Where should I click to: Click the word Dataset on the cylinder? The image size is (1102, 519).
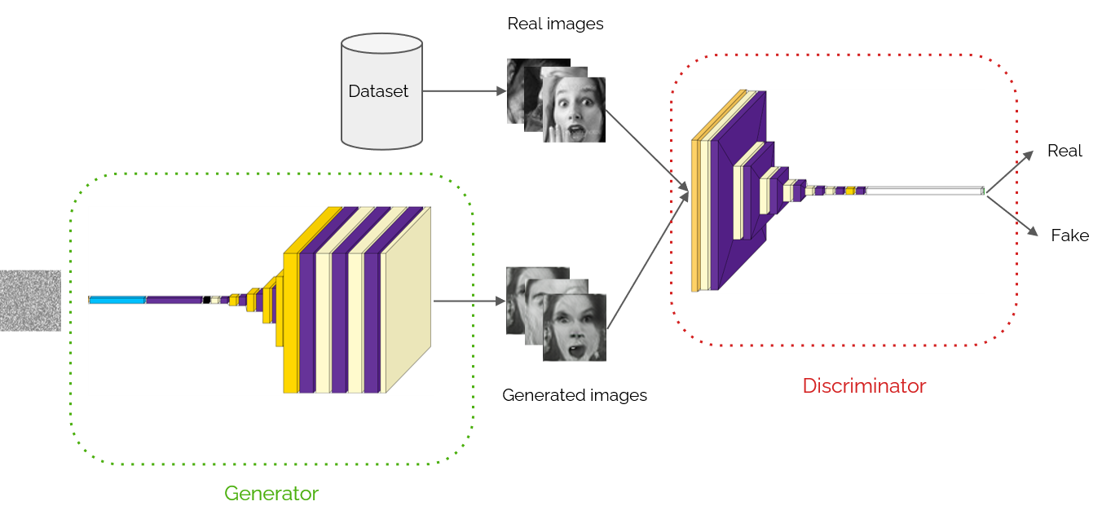click(378, 91)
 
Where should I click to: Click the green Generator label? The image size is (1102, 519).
click(271, 493)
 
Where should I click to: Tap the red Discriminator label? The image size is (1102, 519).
click(864, 385)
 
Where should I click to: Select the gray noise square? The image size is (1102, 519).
click(30, 301)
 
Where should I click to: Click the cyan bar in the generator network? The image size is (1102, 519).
click(117, 300)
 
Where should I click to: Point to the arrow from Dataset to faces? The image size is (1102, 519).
click(465, 91)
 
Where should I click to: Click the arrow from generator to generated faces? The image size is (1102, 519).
click(469, 301)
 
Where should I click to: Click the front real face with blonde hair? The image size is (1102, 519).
click(575, 110)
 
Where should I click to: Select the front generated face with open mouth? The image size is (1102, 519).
click(575, 328)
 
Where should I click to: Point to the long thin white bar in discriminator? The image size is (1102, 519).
click(925, 191)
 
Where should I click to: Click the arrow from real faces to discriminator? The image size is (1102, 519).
click(648, 153)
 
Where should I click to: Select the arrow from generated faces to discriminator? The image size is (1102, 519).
click(648, 261)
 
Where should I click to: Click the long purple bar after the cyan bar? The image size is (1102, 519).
click(174, 300)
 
